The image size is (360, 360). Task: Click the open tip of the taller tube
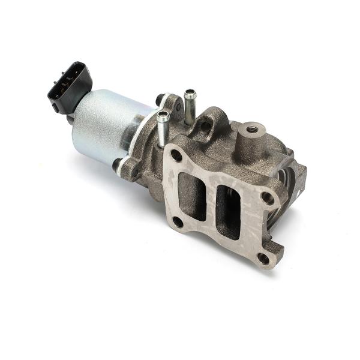coord(190,94)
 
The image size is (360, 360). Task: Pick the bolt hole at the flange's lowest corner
coord(263,259)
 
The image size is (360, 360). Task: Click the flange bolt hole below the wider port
coord(178,222)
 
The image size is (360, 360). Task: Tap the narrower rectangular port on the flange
coord(229,210)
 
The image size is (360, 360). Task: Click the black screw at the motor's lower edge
coord(116,164)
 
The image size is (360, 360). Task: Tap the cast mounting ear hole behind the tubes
coord(206,125)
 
